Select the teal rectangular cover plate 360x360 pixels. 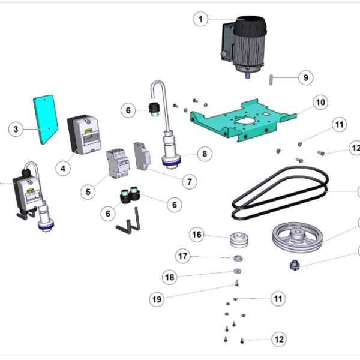click(44, 119)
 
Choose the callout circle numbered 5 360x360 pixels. click(88, 192)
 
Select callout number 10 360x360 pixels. click(320, 103)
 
